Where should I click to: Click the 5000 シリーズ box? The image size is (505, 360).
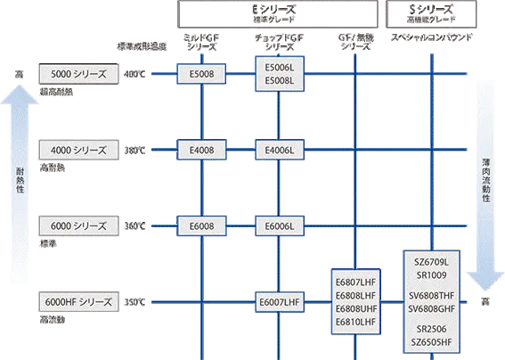(x=78, y=73)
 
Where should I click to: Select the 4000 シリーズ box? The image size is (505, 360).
(x=78, y=150)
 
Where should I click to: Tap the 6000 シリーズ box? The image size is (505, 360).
(x=78, y=226)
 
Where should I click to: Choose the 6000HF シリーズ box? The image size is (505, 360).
(x=78, y=302)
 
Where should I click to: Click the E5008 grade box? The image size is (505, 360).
(x=203, y=73)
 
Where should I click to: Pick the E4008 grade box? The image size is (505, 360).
(x=203, y=150)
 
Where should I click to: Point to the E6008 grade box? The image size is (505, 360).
(x=203, y=226)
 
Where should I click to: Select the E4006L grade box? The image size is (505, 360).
(x=281, y=150)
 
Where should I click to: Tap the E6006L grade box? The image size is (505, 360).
(x=281, y=226)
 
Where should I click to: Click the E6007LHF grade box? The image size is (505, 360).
(x=281, y=302)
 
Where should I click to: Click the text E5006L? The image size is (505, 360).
(x=281, y=66)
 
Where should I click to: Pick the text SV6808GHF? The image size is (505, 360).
(x=431, y=308)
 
